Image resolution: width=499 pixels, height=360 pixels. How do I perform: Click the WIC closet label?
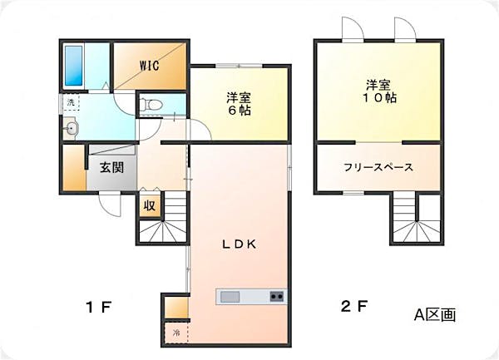[150, 64]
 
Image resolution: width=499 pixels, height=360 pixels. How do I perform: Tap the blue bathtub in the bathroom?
[72, 62]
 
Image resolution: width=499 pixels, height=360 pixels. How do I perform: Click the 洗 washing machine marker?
[71, 103]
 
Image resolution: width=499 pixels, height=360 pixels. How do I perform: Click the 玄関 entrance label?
[112, 167]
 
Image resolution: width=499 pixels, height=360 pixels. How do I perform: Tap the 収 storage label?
[150, 205]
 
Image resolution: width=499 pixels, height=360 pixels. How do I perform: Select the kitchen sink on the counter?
[230, 297]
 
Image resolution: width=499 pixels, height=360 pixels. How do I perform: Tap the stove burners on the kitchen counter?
[276, 297]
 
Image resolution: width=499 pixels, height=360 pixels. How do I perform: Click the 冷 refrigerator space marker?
[175, 333]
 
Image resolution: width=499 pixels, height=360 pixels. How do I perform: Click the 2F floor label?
[353, 306]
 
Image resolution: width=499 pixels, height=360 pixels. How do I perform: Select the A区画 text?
[435, 315]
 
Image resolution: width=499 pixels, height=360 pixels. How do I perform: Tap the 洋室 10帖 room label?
[380, 91]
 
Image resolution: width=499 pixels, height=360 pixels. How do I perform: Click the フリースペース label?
[378, 166]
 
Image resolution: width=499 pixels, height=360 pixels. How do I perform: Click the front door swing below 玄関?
[110, 203]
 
